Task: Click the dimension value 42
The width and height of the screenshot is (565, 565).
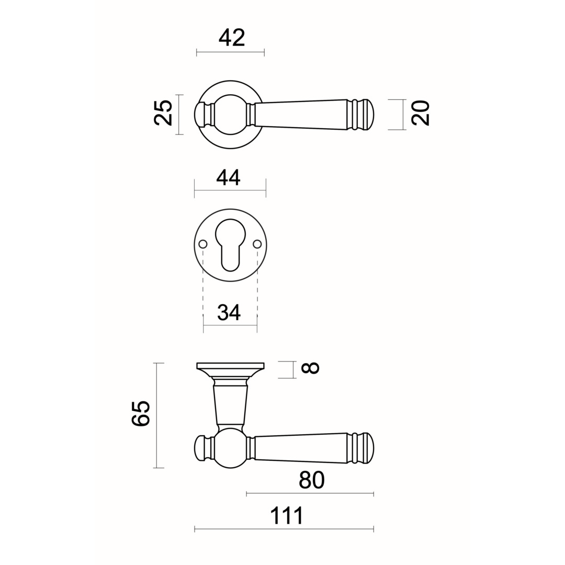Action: [x=232, y=38]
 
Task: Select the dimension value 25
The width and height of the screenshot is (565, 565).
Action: [x=163, y=112]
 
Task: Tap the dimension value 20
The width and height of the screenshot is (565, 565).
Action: [x=421, y=113]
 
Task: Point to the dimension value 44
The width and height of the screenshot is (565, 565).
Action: [x=228, y=177]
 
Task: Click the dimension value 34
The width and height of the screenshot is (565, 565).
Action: [x=229, y=312]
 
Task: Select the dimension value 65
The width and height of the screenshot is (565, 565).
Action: [x=141, y=413]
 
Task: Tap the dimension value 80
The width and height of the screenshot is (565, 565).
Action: [x=312, y=480]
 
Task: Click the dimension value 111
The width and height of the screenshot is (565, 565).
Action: [x=287, y=516]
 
